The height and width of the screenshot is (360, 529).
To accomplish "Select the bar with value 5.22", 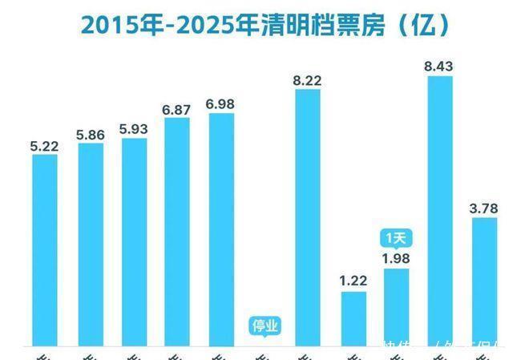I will [45, 249].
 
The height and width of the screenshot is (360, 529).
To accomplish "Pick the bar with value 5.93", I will [134, 241].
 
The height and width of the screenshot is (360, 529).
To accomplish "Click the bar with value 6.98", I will [221, 229].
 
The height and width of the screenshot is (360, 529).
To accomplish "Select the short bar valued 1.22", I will [353, 318].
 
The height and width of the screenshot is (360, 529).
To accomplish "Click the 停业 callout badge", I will [264, 326].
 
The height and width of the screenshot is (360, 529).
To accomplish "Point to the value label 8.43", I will [440, 67].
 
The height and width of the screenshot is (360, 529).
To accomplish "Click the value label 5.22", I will [45, 146].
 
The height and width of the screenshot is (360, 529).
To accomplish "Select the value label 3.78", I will [484, 208].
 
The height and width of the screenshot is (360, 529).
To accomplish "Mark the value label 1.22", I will [353, 281].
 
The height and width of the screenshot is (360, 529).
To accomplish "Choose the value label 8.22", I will [309, 80].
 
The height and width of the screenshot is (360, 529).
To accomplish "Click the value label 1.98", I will [397, 257].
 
